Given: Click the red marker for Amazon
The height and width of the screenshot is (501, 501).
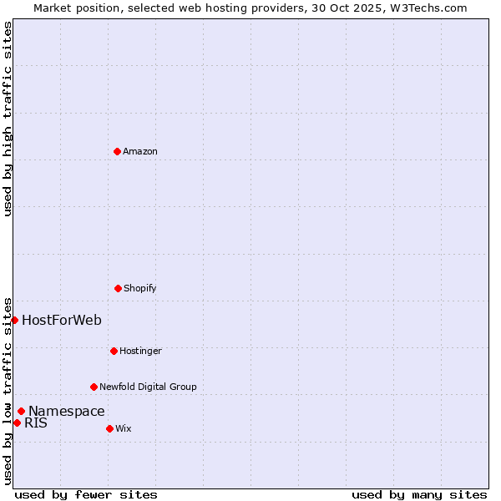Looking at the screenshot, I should tap(117, 151).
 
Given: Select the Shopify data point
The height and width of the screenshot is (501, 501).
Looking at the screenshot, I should tap(118, 288).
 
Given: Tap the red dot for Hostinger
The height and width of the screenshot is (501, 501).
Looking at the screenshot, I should tap(114, 351).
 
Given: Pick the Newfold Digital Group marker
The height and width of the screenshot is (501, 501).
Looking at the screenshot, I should tap(94, 387).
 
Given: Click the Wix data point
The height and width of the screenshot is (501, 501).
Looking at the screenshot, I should tap(109, 428).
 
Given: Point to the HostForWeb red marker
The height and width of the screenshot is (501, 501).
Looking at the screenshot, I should tap(14, 320).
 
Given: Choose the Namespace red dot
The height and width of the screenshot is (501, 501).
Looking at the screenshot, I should tap(21, 411).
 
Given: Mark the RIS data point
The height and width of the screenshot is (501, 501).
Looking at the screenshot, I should tap(17, 423).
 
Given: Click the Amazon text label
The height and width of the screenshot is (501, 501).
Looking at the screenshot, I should tap(140, 151).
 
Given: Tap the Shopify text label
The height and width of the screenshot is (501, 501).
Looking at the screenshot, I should tap(140, 288).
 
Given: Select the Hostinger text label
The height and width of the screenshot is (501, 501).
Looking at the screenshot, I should tap(140, 351).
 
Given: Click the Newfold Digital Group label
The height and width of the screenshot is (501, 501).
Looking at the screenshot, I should tap(148, 387).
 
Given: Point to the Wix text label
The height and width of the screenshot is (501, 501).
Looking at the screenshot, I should tap(124, 428).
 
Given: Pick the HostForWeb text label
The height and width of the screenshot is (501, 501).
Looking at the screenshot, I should tap(62, 320).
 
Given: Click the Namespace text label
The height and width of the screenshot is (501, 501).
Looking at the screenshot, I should tap(67, 411).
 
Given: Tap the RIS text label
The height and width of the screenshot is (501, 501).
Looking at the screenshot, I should tap(36, 423).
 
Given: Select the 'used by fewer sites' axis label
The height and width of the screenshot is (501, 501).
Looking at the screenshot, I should tap(86, 494).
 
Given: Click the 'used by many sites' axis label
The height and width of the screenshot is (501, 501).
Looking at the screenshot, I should tap(419, 494).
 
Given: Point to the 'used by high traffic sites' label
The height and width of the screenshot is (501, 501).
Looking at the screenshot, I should tap(8, 119).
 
